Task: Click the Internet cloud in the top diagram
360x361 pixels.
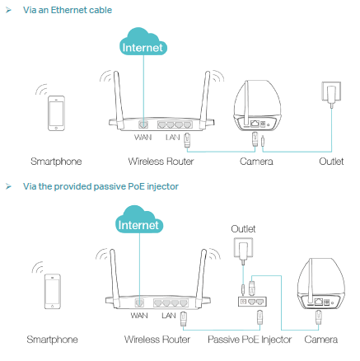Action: [x=143, y=42]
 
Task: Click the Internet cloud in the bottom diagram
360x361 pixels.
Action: [x=139, y=220]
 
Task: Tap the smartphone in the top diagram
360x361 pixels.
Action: [x=56, y=113]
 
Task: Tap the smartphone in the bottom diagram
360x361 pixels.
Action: [x=53, y=291]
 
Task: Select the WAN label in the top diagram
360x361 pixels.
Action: [x=143, y=137]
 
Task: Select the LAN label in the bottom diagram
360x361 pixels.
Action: [x=169, y=316]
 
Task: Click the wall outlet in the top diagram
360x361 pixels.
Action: [x=331, y=92]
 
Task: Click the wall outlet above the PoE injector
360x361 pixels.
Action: [x=243, y=248]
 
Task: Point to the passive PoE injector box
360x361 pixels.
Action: [x=252, y=302]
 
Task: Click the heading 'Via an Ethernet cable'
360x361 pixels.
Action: [x=68, y=10]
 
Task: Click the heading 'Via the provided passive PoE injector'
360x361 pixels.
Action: [x=101, y=186]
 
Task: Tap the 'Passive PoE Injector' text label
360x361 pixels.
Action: [x=250, y=340]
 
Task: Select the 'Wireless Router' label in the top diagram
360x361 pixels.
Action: [x=161, y=162]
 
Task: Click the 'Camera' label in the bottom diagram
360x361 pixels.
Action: [x=321, y=340]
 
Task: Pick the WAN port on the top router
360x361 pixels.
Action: [x=143, y=124]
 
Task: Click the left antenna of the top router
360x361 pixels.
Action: [x=119, y=101]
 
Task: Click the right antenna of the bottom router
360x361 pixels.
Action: [x=201, y=279]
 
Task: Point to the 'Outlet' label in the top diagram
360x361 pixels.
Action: [x=331, y=162]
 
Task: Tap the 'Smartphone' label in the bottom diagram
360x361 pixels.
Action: [x=53, y=340]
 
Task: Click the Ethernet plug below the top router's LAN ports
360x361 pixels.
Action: [x=188, y=140]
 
